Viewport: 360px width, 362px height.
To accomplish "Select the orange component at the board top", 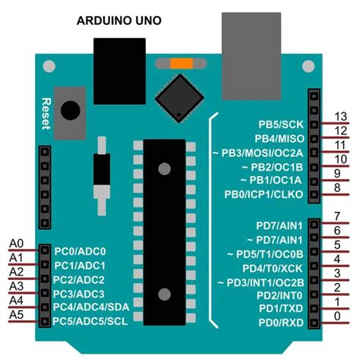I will tap(180, 64).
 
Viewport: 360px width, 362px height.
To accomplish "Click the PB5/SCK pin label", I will tap(281, 124).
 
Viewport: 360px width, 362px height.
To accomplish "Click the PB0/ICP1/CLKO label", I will tap(270, 194).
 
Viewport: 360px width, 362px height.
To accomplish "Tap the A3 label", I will tap(17, 286).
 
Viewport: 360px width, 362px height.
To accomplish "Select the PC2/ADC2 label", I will tap(79, 280).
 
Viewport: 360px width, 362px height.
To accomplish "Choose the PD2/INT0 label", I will tap(279, 296).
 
